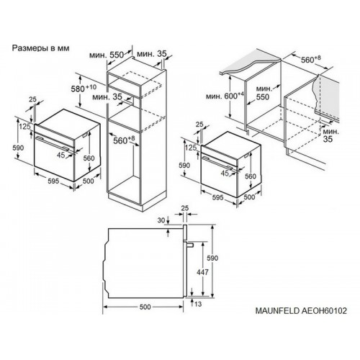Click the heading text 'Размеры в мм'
[40, 48]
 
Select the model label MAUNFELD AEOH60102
[301, 310]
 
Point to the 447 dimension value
[202, 272]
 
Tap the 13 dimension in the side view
[198, 305]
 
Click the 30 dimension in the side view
[162, 220]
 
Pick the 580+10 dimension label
[84, 88]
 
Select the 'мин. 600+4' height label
[225, 96]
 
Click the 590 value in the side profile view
[212, 258]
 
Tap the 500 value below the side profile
[145, 307]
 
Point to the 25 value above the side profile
[185, 208]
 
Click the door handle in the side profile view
[189, 244]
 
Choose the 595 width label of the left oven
[53, 181]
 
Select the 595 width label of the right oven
[218, 198]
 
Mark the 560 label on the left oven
[89, 158]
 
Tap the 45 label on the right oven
[225, 173]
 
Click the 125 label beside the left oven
[25, 127]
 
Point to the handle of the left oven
[53, 143]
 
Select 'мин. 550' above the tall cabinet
[107, 55]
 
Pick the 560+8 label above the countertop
[311, 59]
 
